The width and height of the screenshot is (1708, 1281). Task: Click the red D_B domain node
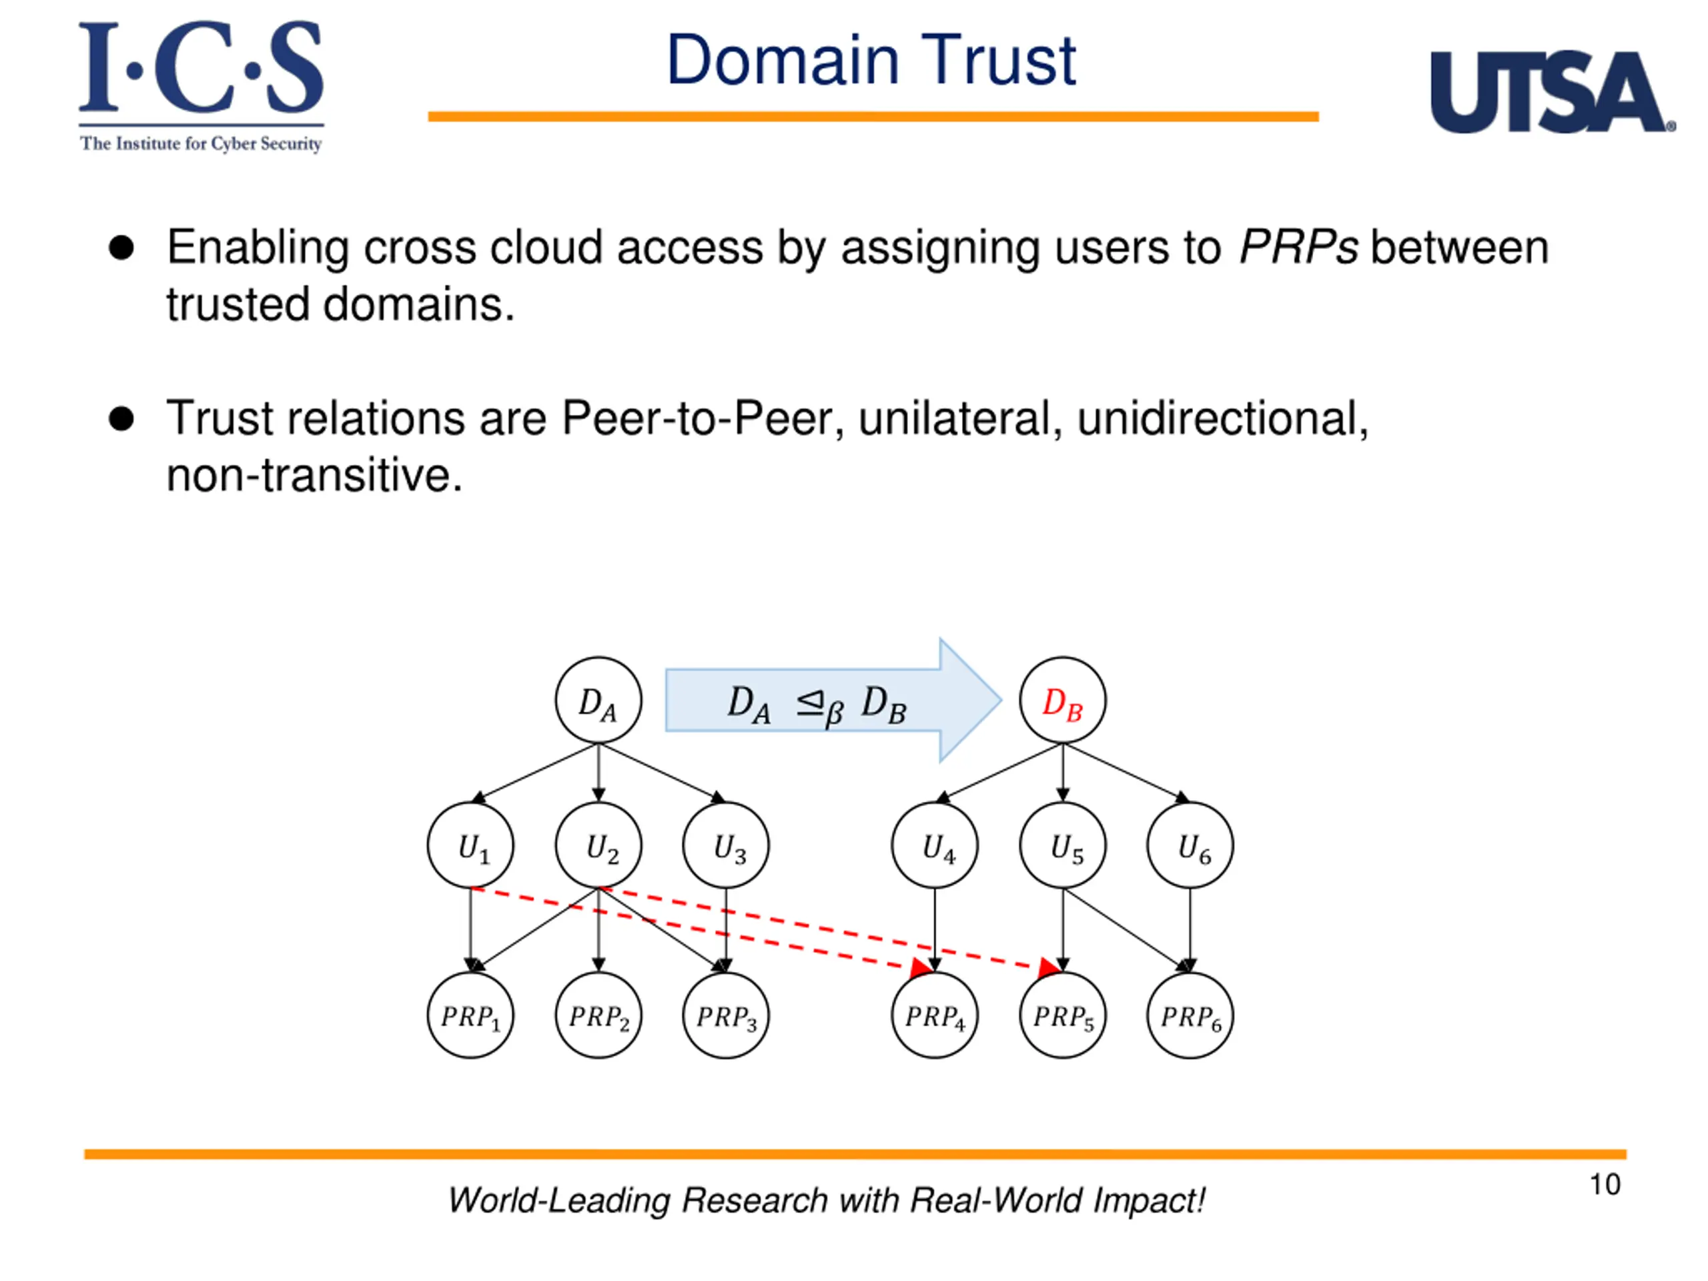pyautogui.click(x=1062, y=701)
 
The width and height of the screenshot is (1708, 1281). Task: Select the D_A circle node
pyautogui.click(x=598, y=701)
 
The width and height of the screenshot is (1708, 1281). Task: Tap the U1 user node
pyautogui.click(x=470, y=845)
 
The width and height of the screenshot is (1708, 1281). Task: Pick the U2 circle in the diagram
pyautogui.click(x=598, y=845)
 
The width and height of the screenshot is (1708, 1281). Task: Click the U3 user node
pyautogui.click(x=726, y=845)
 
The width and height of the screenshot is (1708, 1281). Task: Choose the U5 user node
pyautogui.click(x=1062, y=845)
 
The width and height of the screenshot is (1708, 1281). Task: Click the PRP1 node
pyautogui.click(x=470, y=1015)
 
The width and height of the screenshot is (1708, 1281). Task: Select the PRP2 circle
pyautogui.click(x=598, y=1015)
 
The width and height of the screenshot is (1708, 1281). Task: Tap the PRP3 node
pyautogui.click(x=726, y=1015)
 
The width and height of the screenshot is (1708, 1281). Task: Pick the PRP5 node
pyautogui.click(x=1062, y=1015)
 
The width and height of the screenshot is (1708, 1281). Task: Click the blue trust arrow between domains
pyautogui.click(x=834, y=701)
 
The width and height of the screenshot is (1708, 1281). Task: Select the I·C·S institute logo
pyautogui.click(x=201, y=87)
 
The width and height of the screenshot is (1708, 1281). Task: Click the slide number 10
pyautogui.click(x=1605, y=1184)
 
